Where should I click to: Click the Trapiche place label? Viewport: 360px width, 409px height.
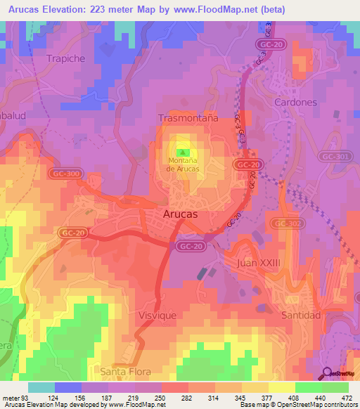point(65,58)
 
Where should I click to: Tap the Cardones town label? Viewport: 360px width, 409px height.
point(298,102)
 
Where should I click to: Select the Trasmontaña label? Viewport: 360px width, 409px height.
point(186,119)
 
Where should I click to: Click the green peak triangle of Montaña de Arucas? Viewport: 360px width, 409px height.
point(184,152)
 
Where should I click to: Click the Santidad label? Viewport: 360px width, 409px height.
point(301,315)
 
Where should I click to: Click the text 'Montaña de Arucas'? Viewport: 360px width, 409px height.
point(184,165)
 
